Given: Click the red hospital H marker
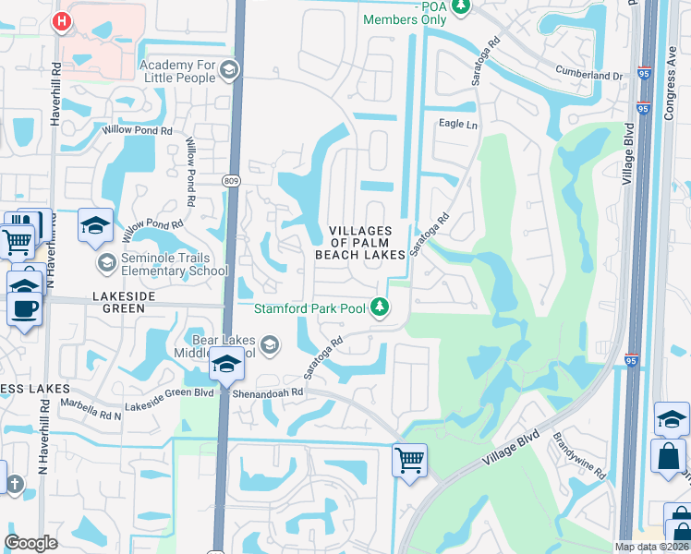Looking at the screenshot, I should [62, 20].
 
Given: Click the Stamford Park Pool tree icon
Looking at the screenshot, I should [379, 307].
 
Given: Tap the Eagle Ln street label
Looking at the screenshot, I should [458, 124].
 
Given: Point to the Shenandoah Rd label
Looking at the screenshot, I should [273, 392].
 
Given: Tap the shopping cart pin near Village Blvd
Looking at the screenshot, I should [409, 458].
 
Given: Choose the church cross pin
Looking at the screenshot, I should [13, 483].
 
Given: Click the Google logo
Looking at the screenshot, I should [31, 543].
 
